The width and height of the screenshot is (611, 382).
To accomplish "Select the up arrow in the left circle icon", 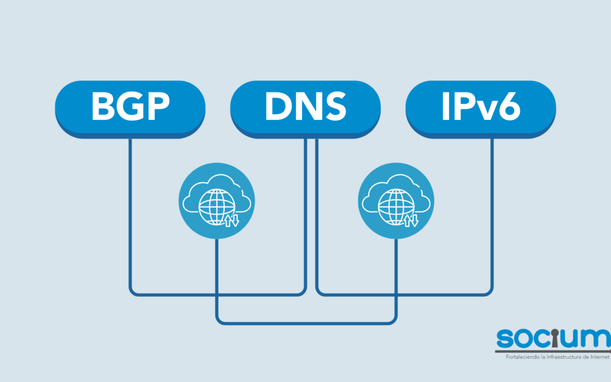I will pos(227,220).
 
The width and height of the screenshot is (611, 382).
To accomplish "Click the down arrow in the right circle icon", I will pos(414,220).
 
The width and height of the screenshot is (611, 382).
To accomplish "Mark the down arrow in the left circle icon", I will pos(235,220).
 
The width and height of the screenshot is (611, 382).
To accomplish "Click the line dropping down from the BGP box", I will pos(130,215).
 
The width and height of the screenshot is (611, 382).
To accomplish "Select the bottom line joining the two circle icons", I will pos(305,323).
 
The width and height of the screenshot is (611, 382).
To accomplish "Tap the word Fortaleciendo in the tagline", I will pos(517,357).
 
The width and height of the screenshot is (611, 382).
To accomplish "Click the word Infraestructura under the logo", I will pos(561,357).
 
